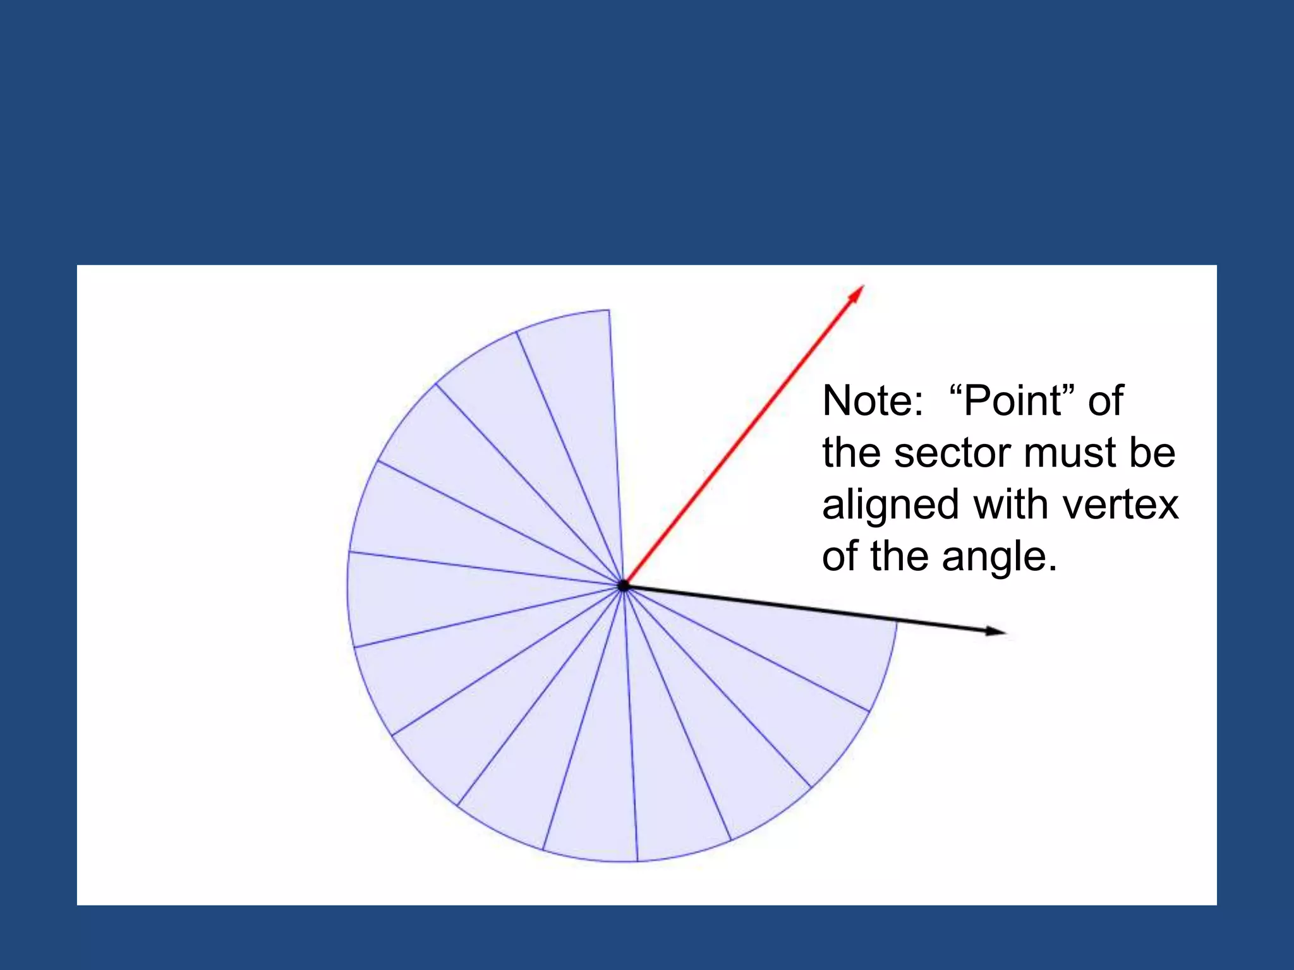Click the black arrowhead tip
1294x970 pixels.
tap(1005, 632)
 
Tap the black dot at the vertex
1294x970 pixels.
tap(624, 585)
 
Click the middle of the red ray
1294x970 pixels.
tap(744, 436)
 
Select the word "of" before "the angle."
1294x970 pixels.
tap(840, 558)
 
